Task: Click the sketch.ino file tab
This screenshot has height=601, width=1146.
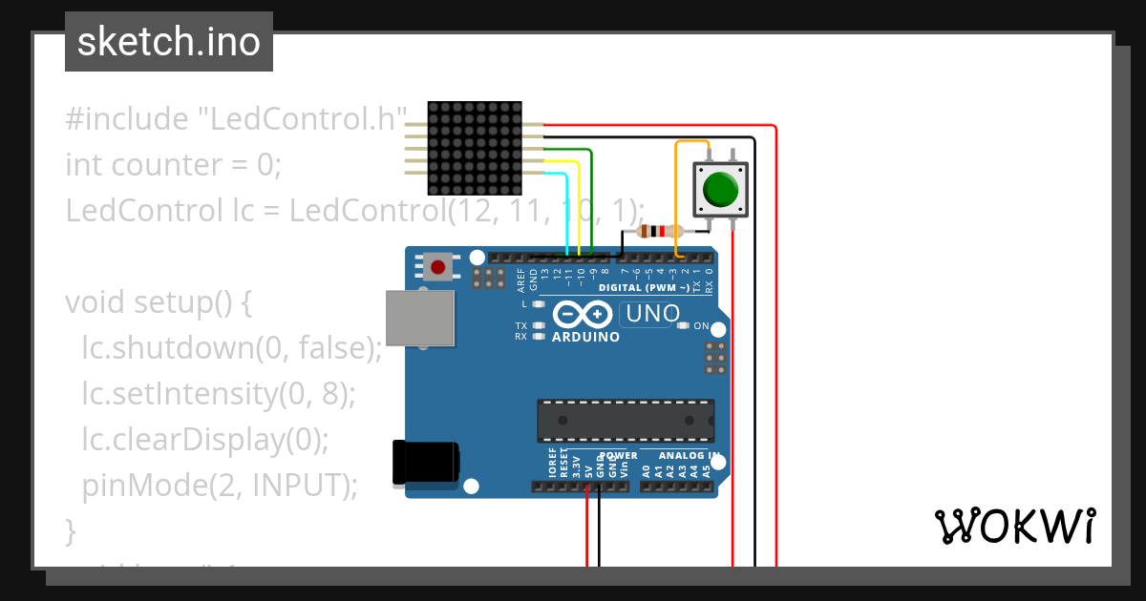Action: coord(169,42)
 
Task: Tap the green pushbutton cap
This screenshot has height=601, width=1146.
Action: coord(720,189)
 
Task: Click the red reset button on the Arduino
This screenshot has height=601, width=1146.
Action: coord(438,267)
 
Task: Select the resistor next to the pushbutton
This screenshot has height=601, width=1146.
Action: coord(660,231)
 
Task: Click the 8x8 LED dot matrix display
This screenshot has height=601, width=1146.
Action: coord(474,149)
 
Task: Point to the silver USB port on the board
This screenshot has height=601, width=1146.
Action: coord(420,318)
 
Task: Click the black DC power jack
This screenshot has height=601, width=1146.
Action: coord(426,464)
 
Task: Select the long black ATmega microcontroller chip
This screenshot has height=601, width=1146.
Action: coord(625,420)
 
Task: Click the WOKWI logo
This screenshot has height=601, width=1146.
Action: coord(1013,526)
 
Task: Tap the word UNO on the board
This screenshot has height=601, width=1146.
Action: coord(651,313)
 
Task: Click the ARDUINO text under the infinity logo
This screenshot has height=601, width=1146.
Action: coord(585,337)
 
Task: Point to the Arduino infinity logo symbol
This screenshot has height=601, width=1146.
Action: coord(582,314)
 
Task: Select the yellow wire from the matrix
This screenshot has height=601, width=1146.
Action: coord(579,205)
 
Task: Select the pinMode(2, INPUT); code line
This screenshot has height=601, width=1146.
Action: coord(220,486)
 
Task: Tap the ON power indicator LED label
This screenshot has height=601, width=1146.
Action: coord(700,326)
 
